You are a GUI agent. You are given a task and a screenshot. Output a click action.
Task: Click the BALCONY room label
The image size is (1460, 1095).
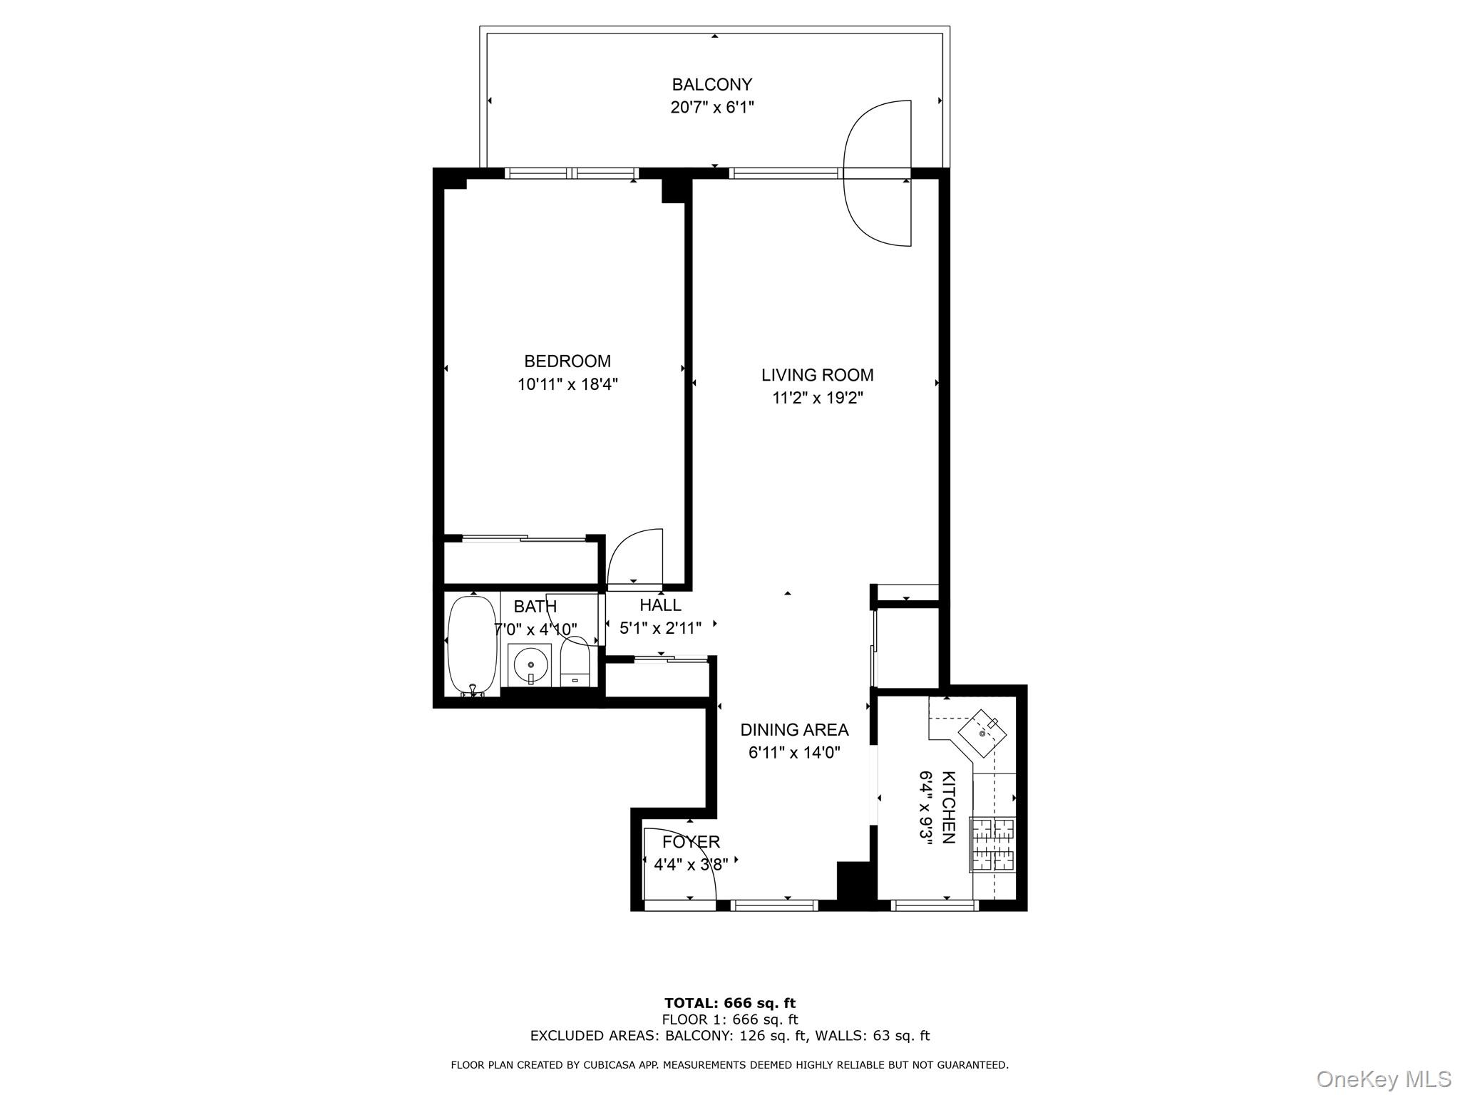[711, 85]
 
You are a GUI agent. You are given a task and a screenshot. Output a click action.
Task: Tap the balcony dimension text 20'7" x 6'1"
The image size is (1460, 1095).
[711, 108]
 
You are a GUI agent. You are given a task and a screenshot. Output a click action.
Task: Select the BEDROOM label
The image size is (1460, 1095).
[567, 361]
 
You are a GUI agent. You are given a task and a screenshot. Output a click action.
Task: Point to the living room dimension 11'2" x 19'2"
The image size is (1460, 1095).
[817, 398]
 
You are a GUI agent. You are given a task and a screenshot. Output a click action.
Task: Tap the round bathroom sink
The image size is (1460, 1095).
[530, 664]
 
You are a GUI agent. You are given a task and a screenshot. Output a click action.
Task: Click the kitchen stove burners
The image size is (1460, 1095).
[992, 845]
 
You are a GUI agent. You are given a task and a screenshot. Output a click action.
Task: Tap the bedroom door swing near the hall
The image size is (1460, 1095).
[634, 556]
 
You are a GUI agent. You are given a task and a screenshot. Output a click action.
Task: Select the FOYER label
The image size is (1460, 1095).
[691, 842]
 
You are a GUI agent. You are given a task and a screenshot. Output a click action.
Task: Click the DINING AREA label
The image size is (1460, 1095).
[794, 730]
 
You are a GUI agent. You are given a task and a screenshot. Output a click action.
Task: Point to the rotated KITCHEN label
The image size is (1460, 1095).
[948, 807]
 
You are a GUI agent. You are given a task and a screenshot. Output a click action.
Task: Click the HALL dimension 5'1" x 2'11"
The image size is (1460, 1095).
[660, 628]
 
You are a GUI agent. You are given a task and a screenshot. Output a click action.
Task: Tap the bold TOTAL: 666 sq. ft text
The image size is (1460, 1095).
[729, 1004]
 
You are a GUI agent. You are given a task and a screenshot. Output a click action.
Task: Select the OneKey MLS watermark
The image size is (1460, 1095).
[1383, 1079]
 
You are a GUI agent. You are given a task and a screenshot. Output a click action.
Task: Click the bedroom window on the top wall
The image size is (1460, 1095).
[571, 173]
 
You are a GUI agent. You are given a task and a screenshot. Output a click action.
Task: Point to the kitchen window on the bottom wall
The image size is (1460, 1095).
[934, 905]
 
